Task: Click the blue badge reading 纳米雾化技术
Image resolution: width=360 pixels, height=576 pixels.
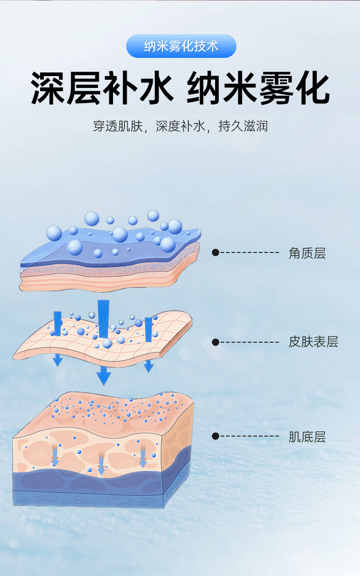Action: click(x=181, y=46)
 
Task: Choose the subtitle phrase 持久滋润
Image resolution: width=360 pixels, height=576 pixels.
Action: click(x=243, y=126)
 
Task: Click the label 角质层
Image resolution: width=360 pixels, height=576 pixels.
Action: click(x=307, y=253)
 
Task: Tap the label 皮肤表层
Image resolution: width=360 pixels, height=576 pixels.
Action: click(x=313, y=342)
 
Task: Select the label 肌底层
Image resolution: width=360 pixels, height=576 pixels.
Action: click(x=307, y=437)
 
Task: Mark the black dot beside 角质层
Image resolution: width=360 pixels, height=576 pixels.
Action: click(x=216, y=252)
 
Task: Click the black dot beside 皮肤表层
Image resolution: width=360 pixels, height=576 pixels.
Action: click(x=216, y=342)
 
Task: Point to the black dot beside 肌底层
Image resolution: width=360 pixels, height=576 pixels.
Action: click(x=216, y=437)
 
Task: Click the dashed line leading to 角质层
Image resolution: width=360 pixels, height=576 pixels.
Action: click(x=250, y=252)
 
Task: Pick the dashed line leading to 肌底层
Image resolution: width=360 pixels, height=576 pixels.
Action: click(x=250, y=437)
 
